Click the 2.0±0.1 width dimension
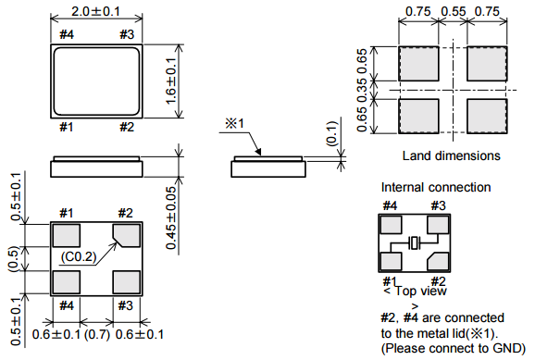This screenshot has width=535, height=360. (x=96, y=12)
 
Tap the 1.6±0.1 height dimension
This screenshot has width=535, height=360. (x=171, y=81)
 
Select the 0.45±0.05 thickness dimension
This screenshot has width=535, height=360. (x=171, y=217)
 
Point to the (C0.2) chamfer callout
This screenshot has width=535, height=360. (x=79, y=256)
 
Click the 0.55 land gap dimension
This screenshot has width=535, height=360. (x=454, y=12)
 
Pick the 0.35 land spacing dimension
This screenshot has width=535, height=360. (x=362, y=90)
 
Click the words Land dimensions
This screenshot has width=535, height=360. (x=451, y=156)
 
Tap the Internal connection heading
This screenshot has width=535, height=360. (x=436, y=187)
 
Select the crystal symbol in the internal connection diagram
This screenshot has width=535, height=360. (x=415, y=243)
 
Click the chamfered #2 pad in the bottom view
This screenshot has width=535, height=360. (x=127, y=235)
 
